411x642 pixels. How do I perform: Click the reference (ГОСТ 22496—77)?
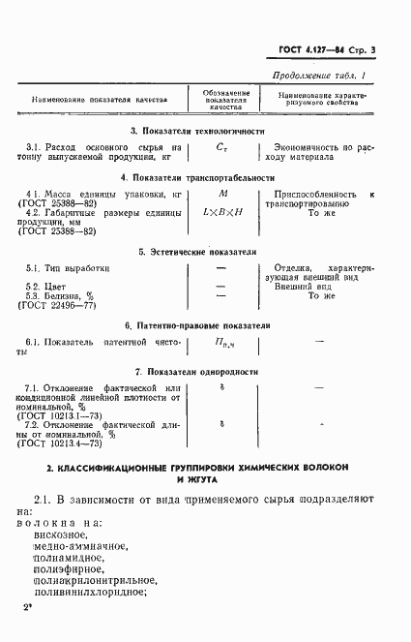57,306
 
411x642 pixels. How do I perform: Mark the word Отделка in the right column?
293,267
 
